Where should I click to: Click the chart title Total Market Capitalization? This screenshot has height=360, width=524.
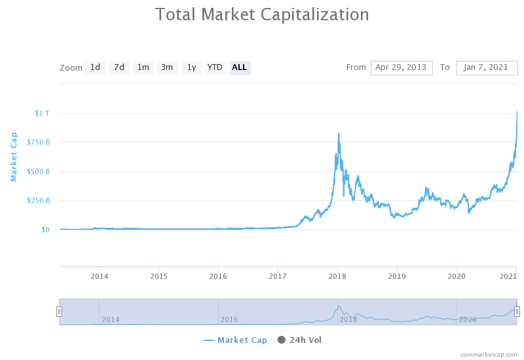point(262,14)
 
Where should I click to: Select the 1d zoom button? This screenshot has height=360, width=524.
point(95,67)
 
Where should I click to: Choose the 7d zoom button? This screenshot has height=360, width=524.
point(119,67)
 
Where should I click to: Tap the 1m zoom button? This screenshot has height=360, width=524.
point(143,67)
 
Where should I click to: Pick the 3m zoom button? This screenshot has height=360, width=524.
point(167,67)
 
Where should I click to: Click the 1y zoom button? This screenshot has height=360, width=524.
point(191,67)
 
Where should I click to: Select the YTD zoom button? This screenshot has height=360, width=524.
point(215,67)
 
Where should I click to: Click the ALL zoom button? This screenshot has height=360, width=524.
point(240,67)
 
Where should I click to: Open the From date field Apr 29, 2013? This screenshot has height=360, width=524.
point(402,67)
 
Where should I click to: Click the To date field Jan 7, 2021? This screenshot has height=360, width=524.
point(486,67)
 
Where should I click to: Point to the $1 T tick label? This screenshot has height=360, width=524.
point(42,113)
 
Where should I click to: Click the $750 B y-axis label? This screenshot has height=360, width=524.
point(38,143)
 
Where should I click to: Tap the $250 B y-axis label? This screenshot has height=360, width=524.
point(38,200)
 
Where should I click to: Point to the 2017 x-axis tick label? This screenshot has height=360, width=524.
point(278,276)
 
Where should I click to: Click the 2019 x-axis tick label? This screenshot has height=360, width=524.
point(397,276)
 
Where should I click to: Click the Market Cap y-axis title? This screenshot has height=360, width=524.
point(13,156)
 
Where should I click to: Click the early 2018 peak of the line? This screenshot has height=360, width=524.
point(339,134)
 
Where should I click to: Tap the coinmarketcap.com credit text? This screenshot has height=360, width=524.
point(488,354)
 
